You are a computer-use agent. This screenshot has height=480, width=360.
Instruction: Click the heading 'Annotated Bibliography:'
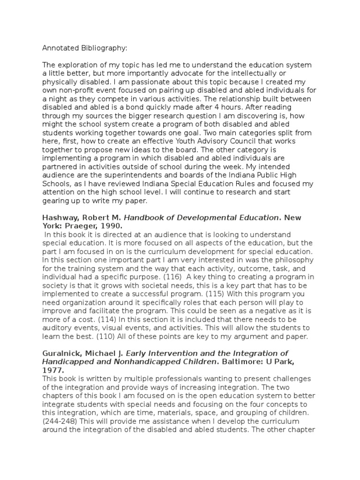[x=84, y=48]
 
